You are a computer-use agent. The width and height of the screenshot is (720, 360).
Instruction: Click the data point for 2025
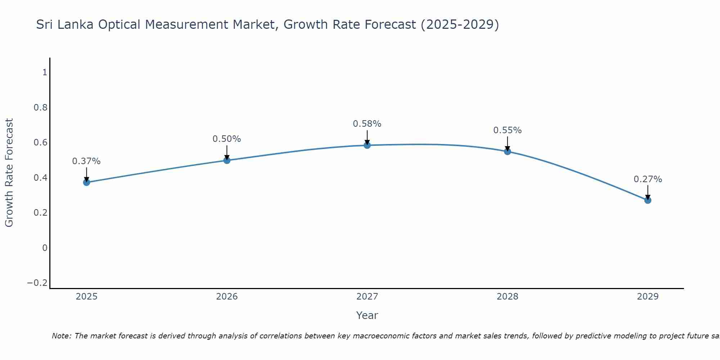click(86, 183)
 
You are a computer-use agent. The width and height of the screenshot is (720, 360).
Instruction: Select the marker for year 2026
click(227, 160)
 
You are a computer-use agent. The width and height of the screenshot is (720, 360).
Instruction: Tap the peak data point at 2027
click(367, 145)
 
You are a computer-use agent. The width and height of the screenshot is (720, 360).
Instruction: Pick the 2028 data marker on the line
click(508, 152)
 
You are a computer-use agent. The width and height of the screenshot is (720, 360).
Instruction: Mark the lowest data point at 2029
click(648, 200)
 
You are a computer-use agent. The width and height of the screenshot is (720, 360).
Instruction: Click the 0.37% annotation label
click(86, 161)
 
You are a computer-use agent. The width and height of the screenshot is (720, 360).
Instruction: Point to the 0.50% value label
click(227, 139)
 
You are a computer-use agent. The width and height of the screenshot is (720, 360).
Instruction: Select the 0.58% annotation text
click(367, 124)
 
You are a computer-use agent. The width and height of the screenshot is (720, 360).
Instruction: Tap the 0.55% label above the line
click(508, 130)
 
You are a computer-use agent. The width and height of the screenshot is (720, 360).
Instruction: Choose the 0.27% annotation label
click(648, 179)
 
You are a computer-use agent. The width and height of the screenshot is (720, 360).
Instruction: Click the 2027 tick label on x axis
click(367, 297)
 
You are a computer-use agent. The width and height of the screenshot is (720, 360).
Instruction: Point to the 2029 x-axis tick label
click(648, 297)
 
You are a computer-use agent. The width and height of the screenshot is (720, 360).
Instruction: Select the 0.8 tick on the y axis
click(40, 108)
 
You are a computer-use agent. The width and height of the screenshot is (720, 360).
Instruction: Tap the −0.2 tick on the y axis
click(37, 283)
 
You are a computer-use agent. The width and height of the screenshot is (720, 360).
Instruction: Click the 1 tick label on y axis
click(45, 73)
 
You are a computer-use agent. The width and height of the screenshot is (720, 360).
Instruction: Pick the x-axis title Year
click(367, 316)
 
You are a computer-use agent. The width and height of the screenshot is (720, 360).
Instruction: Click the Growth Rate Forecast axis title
click(9, 173)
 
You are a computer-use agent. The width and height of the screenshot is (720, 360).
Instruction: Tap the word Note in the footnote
click(62, 336)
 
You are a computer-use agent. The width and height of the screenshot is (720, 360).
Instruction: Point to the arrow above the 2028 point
click(508, 143)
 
